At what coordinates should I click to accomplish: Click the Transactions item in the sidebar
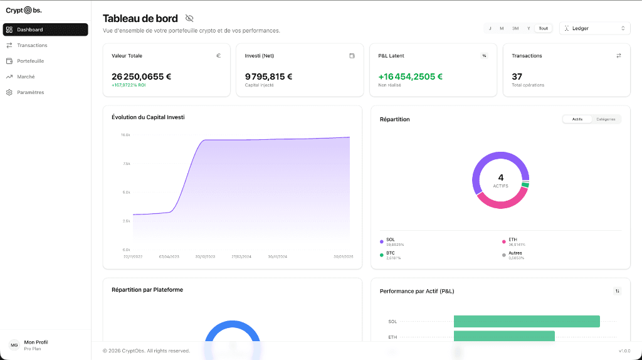pos(32,45)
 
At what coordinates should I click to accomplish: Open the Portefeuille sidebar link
pos(30,61)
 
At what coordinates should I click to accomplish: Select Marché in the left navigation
pos(26,77)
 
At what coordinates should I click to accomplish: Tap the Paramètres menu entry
pos(30,92)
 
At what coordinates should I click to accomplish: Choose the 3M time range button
pos(515,28)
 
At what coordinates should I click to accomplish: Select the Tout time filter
pos(543,28)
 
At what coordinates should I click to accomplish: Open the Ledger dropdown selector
pos(594,28)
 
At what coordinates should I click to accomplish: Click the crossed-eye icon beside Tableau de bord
pos(189,19)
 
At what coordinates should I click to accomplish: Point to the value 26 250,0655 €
pos(141,77)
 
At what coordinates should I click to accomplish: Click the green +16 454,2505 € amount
pos(411,77)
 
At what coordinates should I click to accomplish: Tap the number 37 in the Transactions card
pos(517,77)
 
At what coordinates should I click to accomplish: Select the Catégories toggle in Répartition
pos(606,119)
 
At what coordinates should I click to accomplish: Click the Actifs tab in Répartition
pos(577,119)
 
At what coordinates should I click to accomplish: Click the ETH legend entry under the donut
pos(513,240)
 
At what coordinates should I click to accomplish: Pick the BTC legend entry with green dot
pos(391,253)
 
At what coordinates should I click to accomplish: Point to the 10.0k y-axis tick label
pos(125,135)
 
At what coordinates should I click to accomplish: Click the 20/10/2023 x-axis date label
pos(205,257)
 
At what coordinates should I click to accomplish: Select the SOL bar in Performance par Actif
pos(527,321)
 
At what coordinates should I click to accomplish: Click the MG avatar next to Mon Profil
pos(14,345)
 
